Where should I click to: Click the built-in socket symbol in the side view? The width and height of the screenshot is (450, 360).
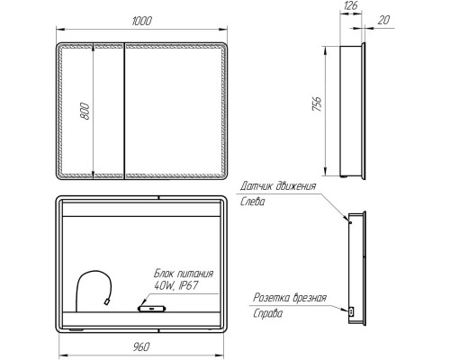pos(351,311)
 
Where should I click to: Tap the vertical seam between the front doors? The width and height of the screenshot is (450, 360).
pos(121,111)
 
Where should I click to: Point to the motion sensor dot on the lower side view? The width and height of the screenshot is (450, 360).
pos(346,220)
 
